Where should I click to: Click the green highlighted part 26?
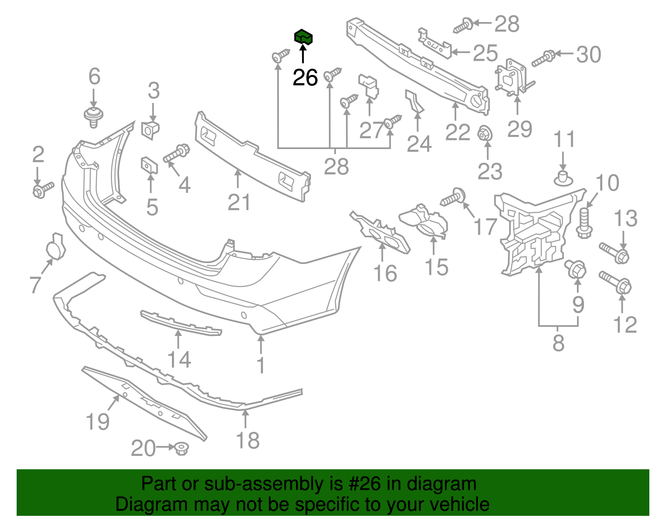pos(303,37)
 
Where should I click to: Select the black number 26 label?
pos(305,78)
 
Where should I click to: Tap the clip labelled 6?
pos(94,116)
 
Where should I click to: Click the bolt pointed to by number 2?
pos(42,190)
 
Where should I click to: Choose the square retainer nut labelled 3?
pos(150,129)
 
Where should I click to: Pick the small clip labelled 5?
pos(149,165)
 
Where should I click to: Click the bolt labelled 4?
pos(176,153)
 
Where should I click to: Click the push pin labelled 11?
pos(563,178)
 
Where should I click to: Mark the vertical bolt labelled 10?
pos(584,222)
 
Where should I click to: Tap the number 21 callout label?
pos(239,203)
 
